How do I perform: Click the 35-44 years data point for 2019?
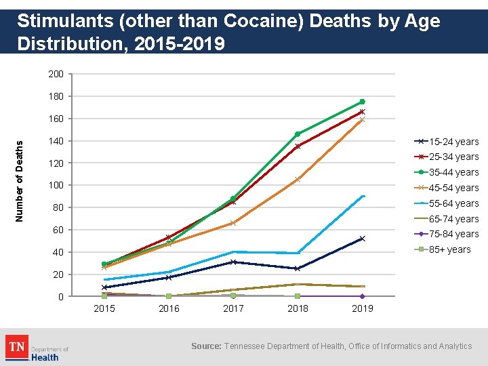[x=362, y=102]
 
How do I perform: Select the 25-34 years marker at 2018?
[x=298, y=146]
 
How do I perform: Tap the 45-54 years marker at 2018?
[x=298, y=180]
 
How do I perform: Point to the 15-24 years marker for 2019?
[x=362, y=239]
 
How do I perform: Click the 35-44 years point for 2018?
[x=298, y=134]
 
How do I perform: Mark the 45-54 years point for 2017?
[x=233, y=223]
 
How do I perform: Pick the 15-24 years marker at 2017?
[x=233, y=262]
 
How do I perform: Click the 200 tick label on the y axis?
[x=56, y=74]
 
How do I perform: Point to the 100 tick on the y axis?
[x=56, y=186]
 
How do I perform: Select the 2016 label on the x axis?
[x=169, y=309]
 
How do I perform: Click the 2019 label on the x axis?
[x=362, y=309]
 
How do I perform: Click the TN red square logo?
[x=16, y=347]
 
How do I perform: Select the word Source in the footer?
[x=206, y=346]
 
